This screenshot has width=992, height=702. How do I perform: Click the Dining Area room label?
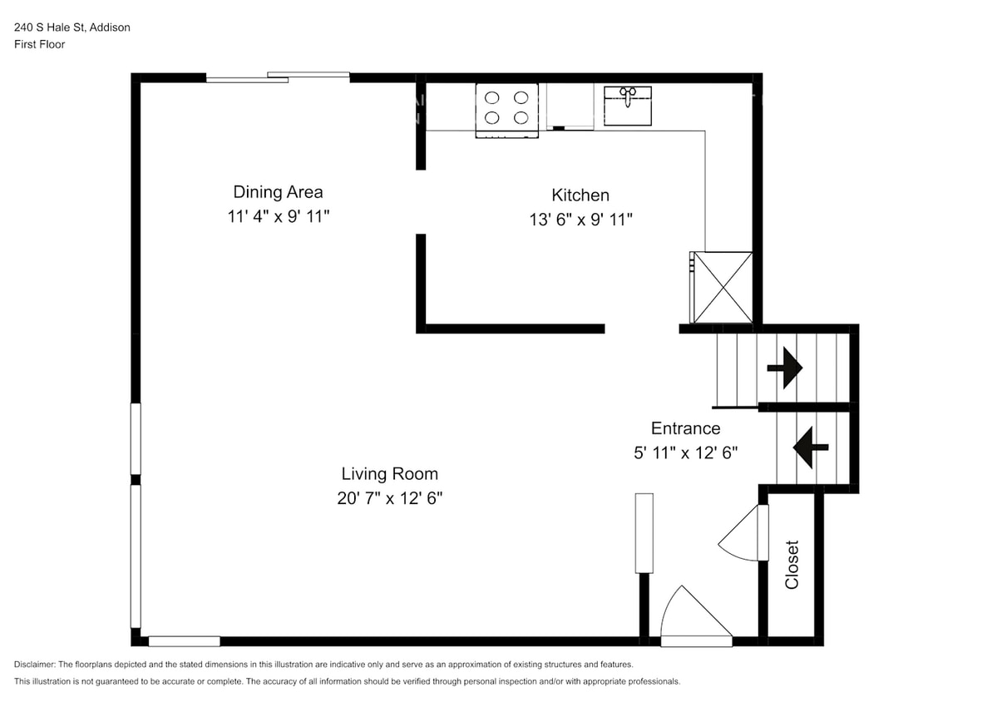click(278, 192)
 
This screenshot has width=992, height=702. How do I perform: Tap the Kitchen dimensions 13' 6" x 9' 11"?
click(580, 220)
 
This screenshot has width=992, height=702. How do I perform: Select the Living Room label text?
click(389, 474)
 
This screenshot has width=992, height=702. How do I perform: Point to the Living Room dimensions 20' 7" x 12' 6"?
click(389, 499)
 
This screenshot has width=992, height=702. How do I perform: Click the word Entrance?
click(685, 428)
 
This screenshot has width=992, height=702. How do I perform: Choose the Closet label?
click(792, 565)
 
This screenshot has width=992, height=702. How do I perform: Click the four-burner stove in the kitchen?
click(506, 109)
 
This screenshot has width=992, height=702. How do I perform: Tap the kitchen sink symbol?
click(627, 105)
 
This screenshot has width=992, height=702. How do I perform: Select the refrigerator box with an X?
click(723, 287)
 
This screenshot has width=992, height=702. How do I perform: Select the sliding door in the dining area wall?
click(278, 77)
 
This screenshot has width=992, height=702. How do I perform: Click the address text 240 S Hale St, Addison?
click(72, 27)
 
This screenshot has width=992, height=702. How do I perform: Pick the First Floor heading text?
click(39, 45)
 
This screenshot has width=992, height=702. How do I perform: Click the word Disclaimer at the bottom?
click(34, 665)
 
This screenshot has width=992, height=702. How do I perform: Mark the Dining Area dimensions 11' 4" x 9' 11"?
click(278, 217)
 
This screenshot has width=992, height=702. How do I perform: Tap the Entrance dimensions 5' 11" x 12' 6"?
click(685, 453)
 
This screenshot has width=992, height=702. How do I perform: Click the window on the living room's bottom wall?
click(184, 641)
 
